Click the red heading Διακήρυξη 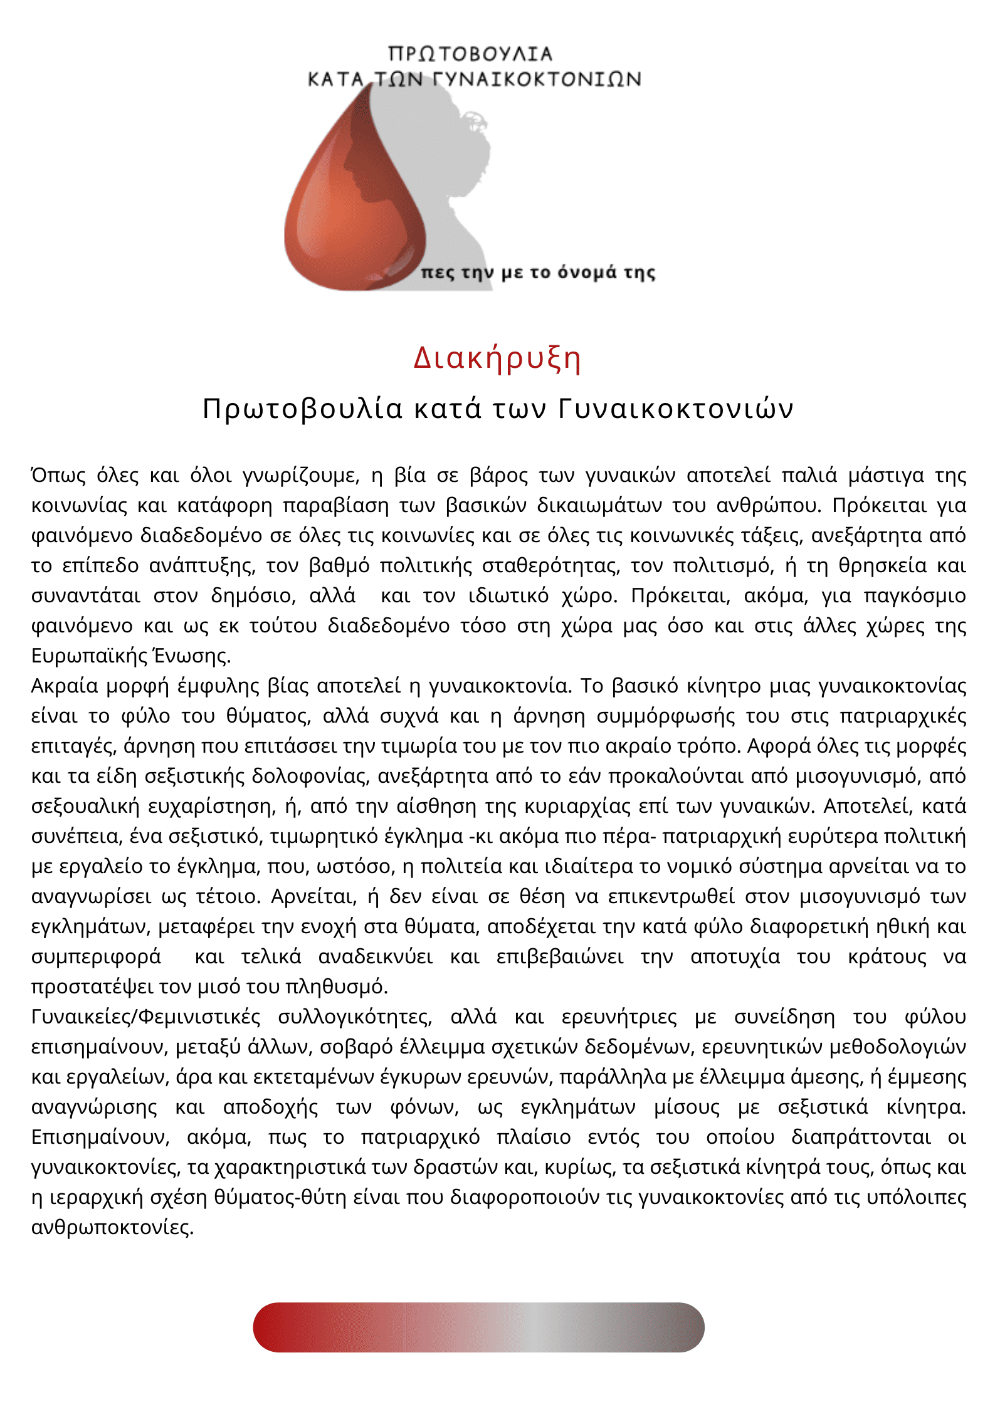pos(497,358)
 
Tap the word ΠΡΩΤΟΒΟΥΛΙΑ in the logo pos(470,54)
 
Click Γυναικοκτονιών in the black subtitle pos(675,409)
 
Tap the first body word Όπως pos(59,476)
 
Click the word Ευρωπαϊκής pos(88,656)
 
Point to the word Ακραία pos(65,686)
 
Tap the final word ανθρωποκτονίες pos(112,1228)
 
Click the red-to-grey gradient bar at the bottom pos(478,1327)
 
